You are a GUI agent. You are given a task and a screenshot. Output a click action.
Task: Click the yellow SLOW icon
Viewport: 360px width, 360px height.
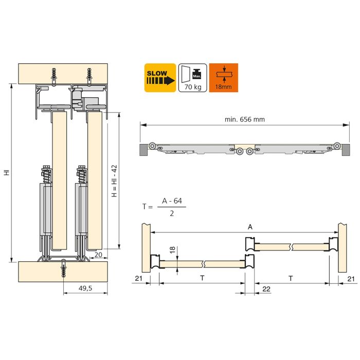coord(160,78)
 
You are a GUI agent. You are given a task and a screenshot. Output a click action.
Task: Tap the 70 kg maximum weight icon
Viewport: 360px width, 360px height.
coord(192,78)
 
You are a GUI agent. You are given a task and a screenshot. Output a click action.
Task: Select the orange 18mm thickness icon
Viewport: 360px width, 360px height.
coord(224,78)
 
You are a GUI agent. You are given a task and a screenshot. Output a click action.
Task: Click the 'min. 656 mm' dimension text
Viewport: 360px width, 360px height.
coord(244,119)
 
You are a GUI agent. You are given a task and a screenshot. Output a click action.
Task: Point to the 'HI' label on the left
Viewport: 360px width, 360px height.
coord(7,173)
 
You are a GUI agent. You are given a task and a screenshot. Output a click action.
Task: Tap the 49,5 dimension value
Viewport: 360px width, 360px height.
coord(86,289)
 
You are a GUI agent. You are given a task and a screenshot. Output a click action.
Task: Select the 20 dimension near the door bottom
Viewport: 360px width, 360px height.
coord(98,254)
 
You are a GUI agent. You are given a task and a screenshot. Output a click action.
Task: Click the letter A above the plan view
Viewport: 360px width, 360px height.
coord(250,227)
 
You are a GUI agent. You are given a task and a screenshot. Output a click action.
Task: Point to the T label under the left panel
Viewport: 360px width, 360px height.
coord(202,278)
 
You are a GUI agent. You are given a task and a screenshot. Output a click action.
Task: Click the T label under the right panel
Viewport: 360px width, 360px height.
coord(291,278)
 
